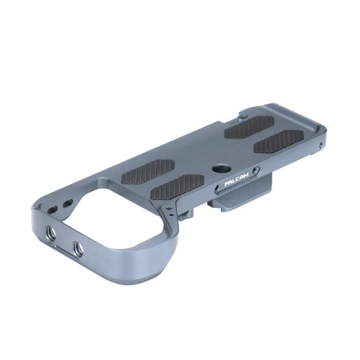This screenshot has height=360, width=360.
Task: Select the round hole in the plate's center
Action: pyautogui.click(x=218, y=169)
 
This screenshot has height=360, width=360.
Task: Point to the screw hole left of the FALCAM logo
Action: pyautogui.click(x=217, y=189)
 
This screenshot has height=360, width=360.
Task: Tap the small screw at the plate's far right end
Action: pyautogui.click(x=321, y=145)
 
